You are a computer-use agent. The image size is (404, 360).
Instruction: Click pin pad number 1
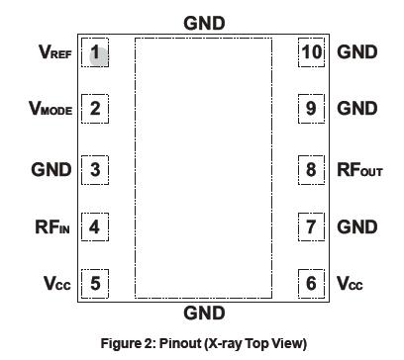click(95, 52)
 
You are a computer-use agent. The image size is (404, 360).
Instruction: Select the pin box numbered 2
click(95, 109)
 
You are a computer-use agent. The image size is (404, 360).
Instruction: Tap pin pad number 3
click(95, 169)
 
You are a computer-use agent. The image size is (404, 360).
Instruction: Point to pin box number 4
click(95, 226)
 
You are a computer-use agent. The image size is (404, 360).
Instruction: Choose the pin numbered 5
click(95, 284)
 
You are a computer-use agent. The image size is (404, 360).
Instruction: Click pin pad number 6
click(311, 284)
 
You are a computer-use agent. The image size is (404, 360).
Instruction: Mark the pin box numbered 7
click(311, 226)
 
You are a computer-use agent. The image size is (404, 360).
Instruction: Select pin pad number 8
click(311, 169)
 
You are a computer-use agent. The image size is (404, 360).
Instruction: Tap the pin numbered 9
click(311, 109)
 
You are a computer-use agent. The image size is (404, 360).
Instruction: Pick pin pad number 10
click(311, 52)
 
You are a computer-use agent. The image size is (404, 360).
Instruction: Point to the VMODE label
click(50, 109)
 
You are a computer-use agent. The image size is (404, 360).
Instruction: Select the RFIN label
click(53, 226)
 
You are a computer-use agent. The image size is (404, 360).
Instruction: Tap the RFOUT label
click(359, 169)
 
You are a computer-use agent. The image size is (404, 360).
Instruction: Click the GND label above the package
click(204, 23)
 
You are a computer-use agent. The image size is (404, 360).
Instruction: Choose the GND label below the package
click(204, 314)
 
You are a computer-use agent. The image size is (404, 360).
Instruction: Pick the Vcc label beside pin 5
click(56, 284)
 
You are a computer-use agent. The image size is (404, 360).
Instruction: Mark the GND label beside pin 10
click(356, 52)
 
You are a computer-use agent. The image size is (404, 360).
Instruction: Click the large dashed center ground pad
click(203, 168)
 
